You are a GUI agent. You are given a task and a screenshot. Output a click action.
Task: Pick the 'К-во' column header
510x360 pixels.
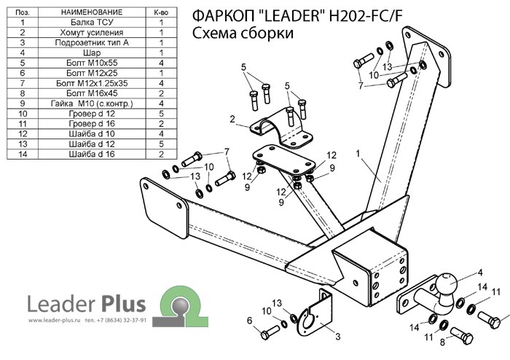click(x=161, y=12)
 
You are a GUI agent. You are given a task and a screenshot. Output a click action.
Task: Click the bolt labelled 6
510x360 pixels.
click(x=267, y=332)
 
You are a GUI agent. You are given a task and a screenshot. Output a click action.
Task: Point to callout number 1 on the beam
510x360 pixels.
click(x=358, y=153)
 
